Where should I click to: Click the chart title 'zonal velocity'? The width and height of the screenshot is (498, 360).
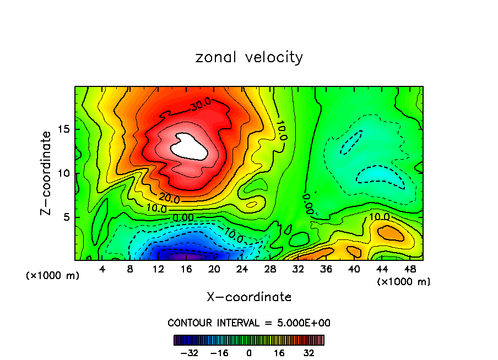249,57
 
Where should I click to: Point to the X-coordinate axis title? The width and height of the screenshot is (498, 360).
249,297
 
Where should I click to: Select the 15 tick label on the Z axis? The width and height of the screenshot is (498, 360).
62,129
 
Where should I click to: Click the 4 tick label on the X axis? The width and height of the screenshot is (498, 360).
102,269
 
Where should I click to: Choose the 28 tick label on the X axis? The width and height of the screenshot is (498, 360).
270,269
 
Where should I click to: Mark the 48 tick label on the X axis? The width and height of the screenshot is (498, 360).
409,269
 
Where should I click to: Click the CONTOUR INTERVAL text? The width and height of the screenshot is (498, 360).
249,323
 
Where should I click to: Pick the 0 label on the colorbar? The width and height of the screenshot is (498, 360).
249,353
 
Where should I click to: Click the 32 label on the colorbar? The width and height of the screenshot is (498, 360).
310,353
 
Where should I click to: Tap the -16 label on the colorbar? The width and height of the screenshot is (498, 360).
219,353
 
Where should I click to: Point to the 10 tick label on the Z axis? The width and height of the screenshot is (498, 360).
62,173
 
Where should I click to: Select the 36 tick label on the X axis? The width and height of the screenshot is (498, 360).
326,269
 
